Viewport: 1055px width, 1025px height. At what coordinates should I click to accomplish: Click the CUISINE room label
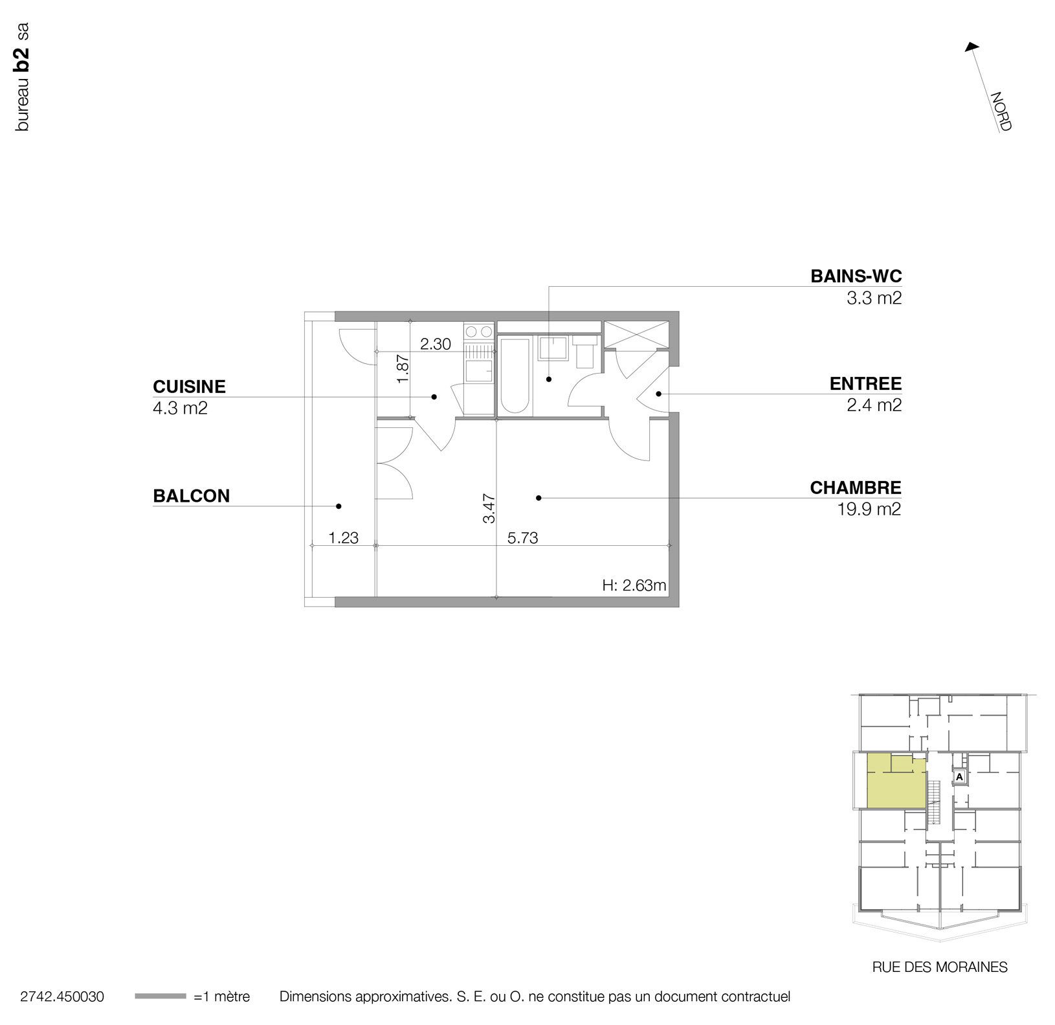tap(189, 387)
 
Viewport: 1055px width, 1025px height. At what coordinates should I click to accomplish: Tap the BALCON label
tap(191, 496)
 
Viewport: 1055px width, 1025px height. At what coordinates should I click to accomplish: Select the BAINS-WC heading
tap(856, 276)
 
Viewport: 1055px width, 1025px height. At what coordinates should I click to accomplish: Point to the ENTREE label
tap(865, 383)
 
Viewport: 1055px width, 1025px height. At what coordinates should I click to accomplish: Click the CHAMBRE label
tap(855, 488)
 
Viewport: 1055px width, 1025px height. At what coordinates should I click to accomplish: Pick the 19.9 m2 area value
tap(869, 509)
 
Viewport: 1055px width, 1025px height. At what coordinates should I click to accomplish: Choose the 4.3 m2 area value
tap(180, 408)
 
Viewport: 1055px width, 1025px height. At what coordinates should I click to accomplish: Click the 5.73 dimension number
tap(522, 537)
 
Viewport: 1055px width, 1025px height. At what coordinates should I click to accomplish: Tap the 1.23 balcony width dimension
tap(343, 537)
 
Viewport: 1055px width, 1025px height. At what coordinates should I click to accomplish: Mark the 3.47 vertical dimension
tap(489, 508)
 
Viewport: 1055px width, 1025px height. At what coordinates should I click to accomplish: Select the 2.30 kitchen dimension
tap(435, 344)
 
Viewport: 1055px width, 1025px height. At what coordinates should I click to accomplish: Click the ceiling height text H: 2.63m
tap(634, 585)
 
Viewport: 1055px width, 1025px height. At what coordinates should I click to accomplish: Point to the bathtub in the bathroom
tap(515, 374)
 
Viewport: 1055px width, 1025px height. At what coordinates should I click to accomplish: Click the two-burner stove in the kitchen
tap(478, 332)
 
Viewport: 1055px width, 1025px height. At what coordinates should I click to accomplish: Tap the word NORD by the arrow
tap(1001, 111)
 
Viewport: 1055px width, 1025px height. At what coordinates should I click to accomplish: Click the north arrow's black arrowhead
tap(971, 47)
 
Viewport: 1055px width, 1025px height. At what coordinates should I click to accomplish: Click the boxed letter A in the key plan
tap(959, 776)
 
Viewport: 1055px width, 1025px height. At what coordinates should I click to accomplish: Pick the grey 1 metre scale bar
tap(160, 996)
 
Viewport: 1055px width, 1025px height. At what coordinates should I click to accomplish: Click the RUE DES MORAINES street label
tap(940, 967)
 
